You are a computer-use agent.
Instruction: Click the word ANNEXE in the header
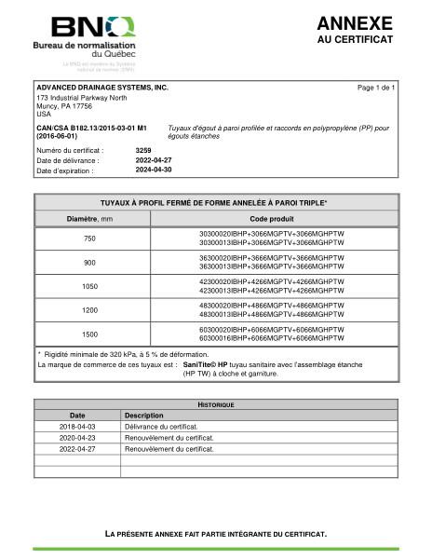point(354,23)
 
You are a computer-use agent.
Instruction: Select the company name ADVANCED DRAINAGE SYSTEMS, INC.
point(102,87)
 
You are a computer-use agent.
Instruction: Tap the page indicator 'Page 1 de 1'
point(376,88)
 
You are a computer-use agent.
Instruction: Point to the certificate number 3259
point(143,149)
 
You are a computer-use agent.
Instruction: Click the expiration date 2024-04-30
point(154,170)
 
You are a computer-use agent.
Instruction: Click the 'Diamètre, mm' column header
point(89,218)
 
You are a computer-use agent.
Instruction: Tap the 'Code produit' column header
point(272,218)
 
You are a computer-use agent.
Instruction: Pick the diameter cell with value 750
point(89,239)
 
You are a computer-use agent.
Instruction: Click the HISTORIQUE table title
point(216,404)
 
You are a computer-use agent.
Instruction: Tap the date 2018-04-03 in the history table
point(77,426)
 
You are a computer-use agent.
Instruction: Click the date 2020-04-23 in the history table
point(77,437)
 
